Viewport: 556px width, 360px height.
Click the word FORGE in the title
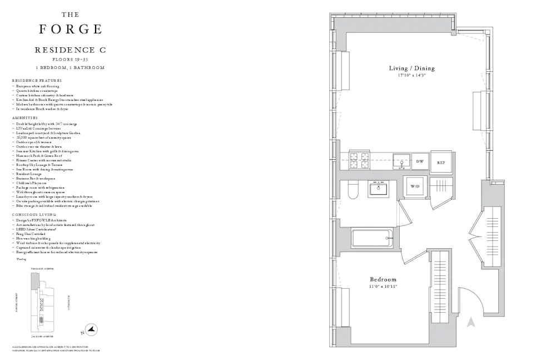click(70, 29)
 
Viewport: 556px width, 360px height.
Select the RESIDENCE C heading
click(70, 50)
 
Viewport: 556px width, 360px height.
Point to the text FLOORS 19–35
click(70, 58)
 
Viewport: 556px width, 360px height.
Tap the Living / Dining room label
click(411, 68)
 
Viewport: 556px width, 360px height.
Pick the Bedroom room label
click(384, 279)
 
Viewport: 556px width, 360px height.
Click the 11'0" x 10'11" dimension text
click(384, 287)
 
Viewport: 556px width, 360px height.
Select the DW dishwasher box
click(420, 161)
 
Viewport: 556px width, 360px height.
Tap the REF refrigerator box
click(440, 162)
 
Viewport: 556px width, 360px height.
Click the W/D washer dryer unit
click(415, 186)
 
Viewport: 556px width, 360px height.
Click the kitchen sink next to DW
click(400, 160)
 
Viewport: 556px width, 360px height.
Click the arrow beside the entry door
click(471, 322)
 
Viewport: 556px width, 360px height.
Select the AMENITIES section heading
click(24, 118)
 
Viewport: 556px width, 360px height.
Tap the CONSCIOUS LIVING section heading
click(32, 214)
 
